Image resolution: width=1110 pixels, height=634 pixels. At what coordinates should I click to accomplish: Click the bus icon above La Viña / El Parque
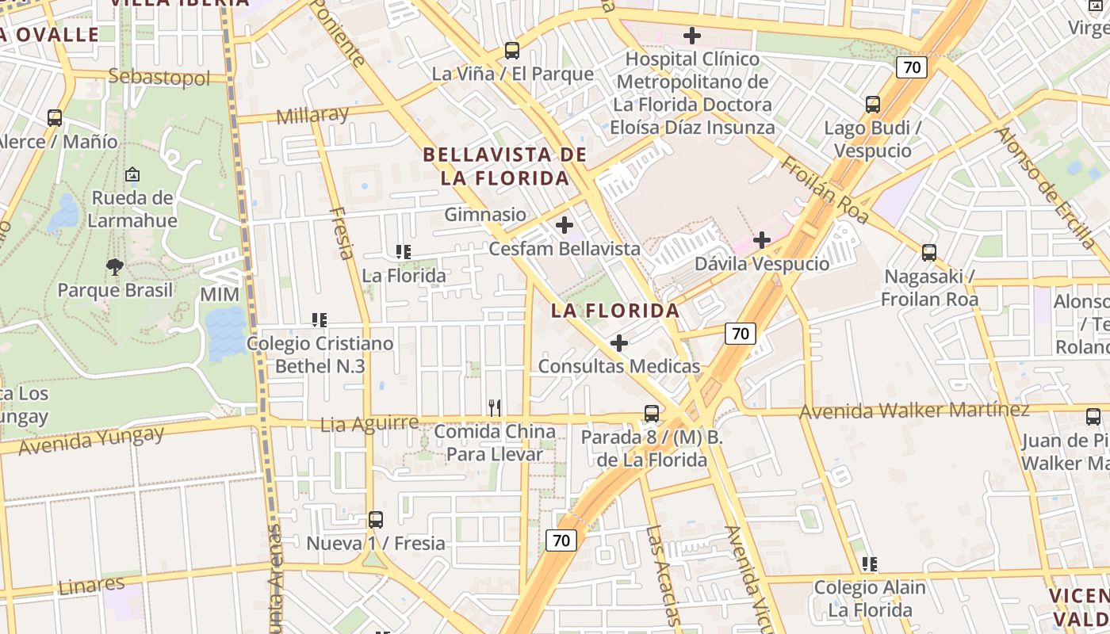512,51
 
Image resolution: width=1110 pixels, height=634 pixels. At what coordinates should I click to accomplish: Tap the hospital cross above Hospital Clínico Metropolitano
692,36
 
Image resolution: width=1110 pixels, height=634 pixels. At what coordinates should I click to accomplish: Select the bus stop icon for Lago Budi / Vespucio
873,105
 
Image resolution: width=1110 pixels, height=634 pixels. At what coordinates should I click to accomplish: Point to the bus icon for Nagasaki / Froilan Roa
929,253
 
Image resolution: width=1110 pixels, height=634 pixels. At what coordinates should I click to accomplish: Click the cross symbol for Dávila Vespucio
762,240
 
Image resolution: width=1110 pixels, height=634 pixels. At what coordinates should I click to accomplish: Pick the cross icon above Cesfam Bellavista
565,225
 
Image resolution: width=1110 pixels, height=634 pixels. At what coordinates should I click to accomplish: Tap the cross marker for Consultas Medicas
619,343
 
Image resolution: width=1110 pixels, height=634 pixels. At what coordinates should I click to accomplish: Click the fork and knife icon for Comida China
495,408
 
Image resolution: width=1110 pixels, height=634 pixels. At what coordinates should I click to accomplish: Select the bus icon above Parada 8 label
652,413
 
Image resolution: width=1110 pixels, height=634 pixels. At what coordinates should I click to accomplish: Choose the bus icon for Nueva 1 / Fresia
376,520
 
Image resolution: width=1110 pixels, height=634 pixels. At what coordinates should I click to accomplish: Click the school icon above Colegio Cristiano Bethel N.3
320,320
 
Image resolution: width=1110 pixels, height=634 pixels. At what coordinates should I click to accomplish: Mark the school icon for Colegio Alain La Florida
870,564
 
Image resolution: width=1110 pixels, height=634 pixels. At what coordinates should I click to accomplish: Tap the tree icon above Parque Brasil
115,267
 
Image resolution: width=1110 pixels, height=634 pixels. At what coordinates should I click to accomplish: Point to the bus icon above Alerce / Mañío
55,118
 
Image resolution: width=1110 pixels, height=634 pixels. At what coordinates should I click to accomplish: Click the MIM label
220,295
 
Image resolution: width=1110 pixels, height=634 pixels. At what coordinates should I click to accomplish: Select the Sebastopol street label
159,77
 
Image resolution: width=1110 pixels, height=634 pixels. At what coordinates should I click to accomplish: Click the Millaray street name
312,116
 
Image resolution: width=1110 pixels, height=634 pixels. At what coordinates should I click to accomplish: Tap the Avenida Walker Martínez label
914,411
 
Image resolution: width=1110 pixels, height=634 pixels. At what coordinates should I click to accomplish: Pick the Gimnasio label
485,214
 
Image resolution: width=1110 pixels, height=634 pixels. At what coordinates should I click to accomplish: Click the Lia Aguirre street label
369,424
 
